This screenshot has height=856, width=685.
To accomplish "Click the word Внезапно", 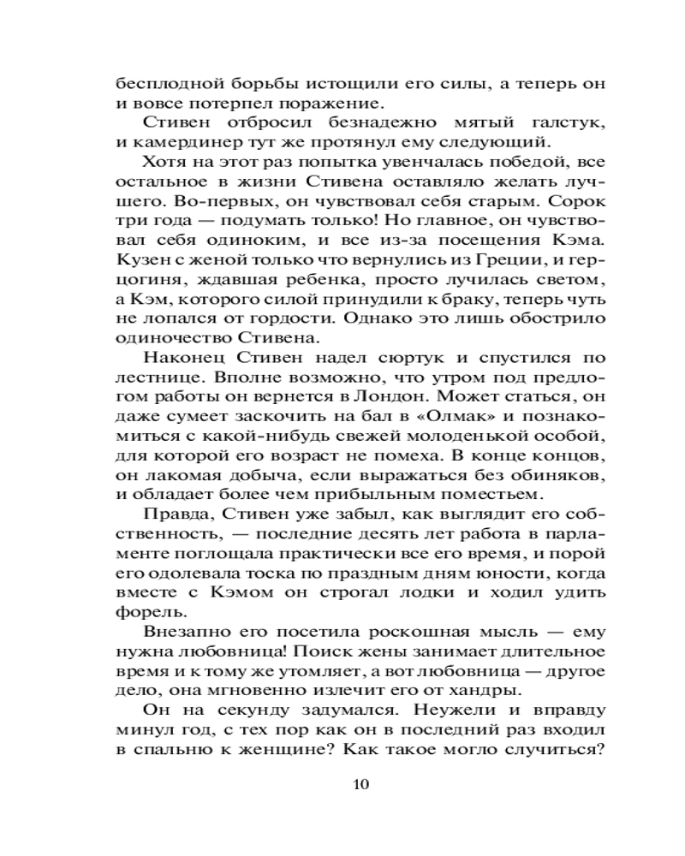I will tap(183, 633).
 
